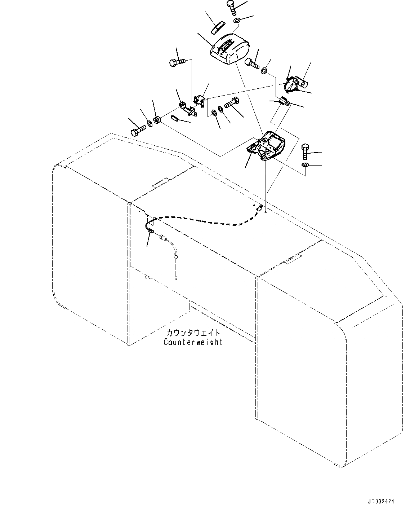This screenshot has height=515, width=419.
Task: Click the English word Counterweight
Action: (193, 342)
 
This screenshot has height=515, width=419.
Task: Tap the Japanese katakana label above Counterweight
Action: (193, 333)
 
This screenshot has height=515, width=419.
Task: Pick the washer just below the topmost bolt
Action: (237, 20)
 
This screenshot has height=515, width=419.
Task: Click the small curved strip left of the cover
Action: (217, 27)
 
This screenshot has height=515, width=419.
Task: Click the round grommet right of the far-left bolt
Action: (157, 120)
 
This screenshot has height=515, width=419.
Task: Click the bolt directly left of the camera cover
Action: (177, 63)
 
